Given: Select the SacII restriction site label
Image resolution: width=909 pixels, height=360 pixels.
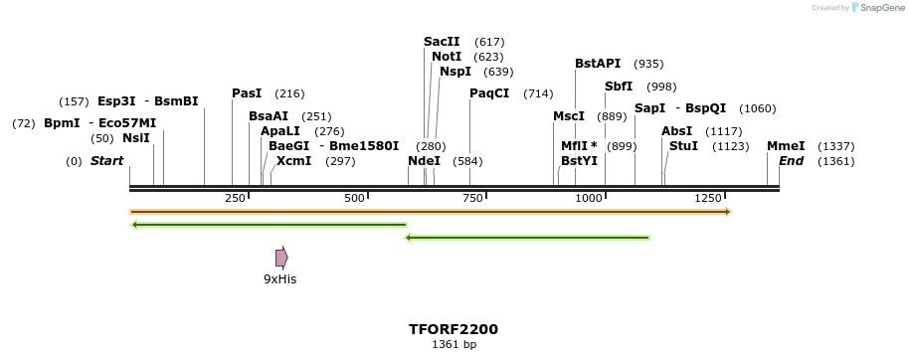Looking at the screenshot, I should coord(442,42).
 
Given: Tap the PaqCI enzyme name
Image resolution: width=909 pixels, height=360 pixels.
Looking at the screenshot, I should coord(489,93).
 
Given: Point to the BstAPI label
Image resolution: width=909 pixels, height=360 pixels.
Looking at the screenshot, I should coord(598,64).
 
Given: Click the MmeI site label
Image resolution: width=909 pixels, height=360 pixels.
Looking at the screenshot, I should coord(786,146).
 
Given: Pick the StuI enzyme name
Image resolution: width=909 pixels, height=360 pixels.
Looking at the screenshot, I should coord(683,146).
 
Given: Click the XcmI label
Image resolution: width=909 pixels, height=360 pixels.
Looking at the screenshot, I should coord(293,161).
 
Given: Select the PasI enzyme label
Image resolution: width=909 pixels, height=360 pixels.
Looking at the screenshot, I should coord(247,93).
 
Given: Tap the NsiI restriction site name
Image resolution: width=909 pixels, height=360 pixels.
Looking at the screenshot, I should coord(135,138).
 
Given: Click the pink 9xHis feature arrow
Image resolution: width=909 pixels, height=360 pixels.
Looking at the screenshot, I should coord(281,258).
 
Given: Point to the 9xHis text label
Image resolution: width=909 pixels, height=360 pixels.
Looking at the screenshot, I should coord(279,279).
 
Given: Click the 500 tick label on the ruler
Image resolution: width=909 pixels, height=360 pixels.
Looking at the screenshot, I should coord(355,198).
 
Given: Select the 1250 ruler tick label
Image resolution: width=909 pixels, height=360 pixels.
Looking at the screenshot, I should coord(708,198).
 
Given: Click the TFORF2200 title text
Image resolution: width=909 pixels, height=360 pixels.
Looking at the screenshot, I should coord(454,329).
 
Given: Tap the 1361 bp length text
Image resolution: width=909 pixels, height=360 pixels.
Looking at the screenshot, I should coord(454,345).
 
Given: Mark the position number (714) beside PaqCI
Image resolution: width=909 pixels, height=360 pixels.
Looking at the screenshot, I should coord(538,93).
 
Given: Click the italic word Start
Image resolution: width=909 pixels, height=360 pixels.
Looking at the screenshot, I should coord(107,161).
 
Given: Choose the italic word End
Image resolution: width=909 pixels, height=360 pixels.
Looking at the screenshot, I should coord(791,161).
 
